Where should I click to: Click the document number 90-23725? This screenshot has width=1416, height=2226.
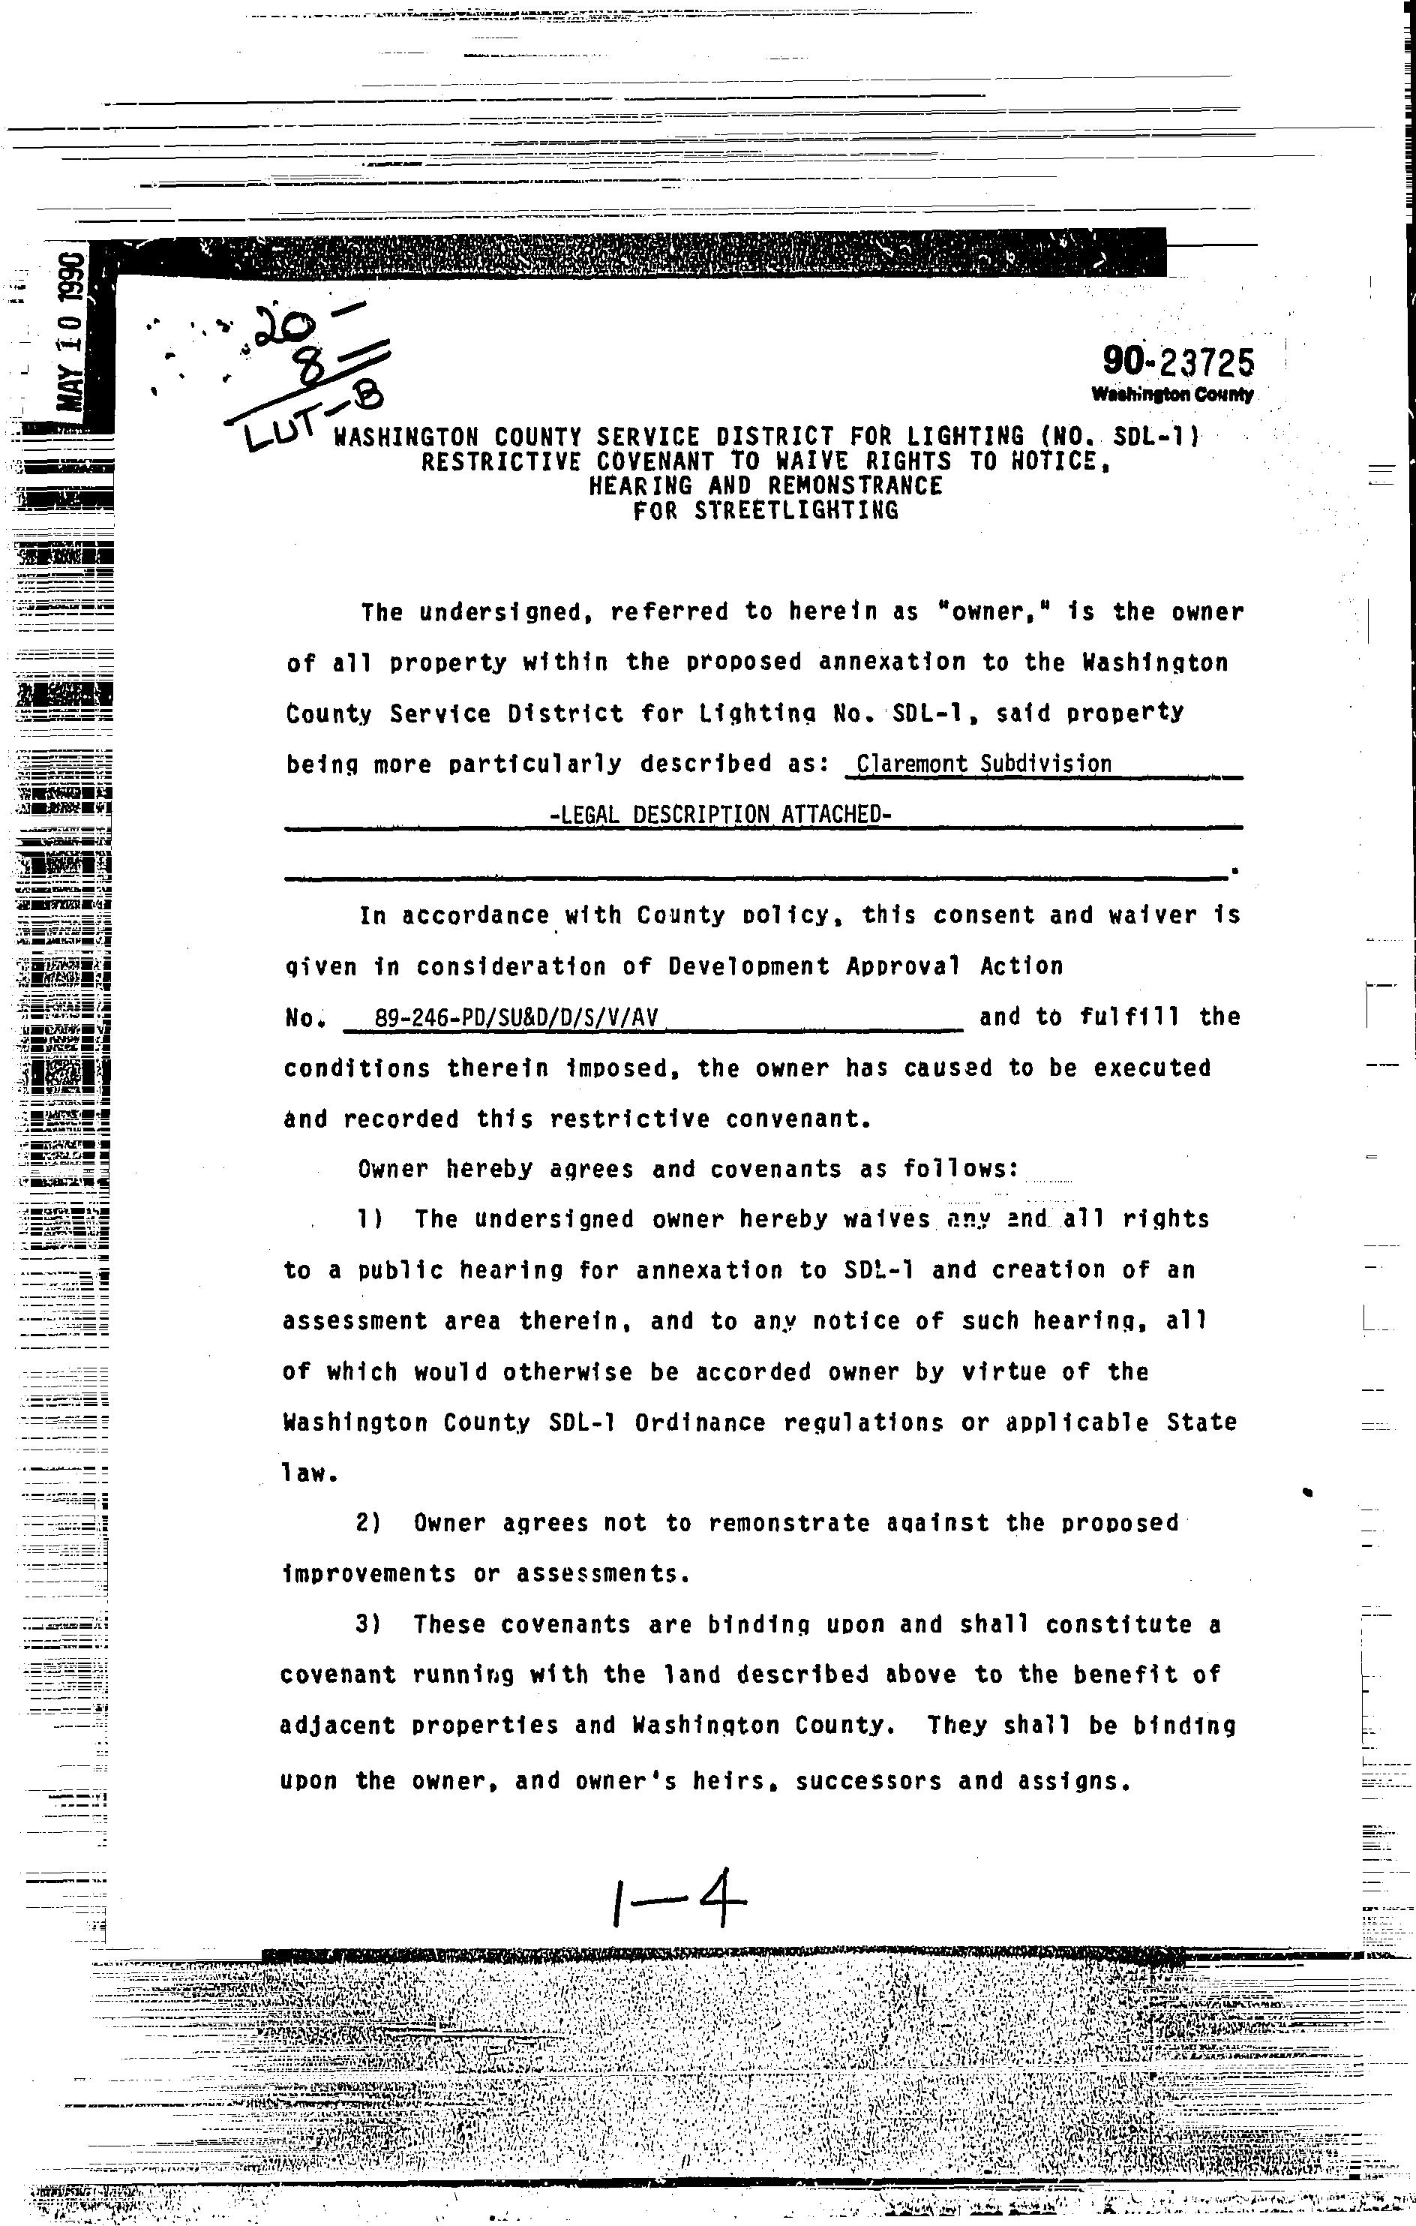(1177, 362)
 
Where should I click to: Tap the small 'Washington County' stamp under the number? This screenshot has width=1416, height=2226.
(1172, 395)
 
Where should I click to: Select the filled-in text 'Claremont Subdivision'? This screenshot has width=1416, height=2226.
(983, 764)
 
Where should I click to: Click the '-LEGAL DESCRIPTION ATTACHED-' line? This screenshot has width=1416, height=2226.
(720, 815)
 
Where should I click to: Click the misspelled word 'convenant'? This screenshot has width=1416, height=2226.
(799, 1119)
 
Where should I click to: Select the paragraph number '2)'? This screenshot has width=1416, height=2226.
(370, 1522)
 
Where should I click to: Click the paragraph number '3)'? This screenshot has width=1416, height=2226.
(370, 1624)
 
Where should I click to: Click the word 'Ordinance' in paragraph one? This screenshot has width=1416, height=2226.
(700, 1422)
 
